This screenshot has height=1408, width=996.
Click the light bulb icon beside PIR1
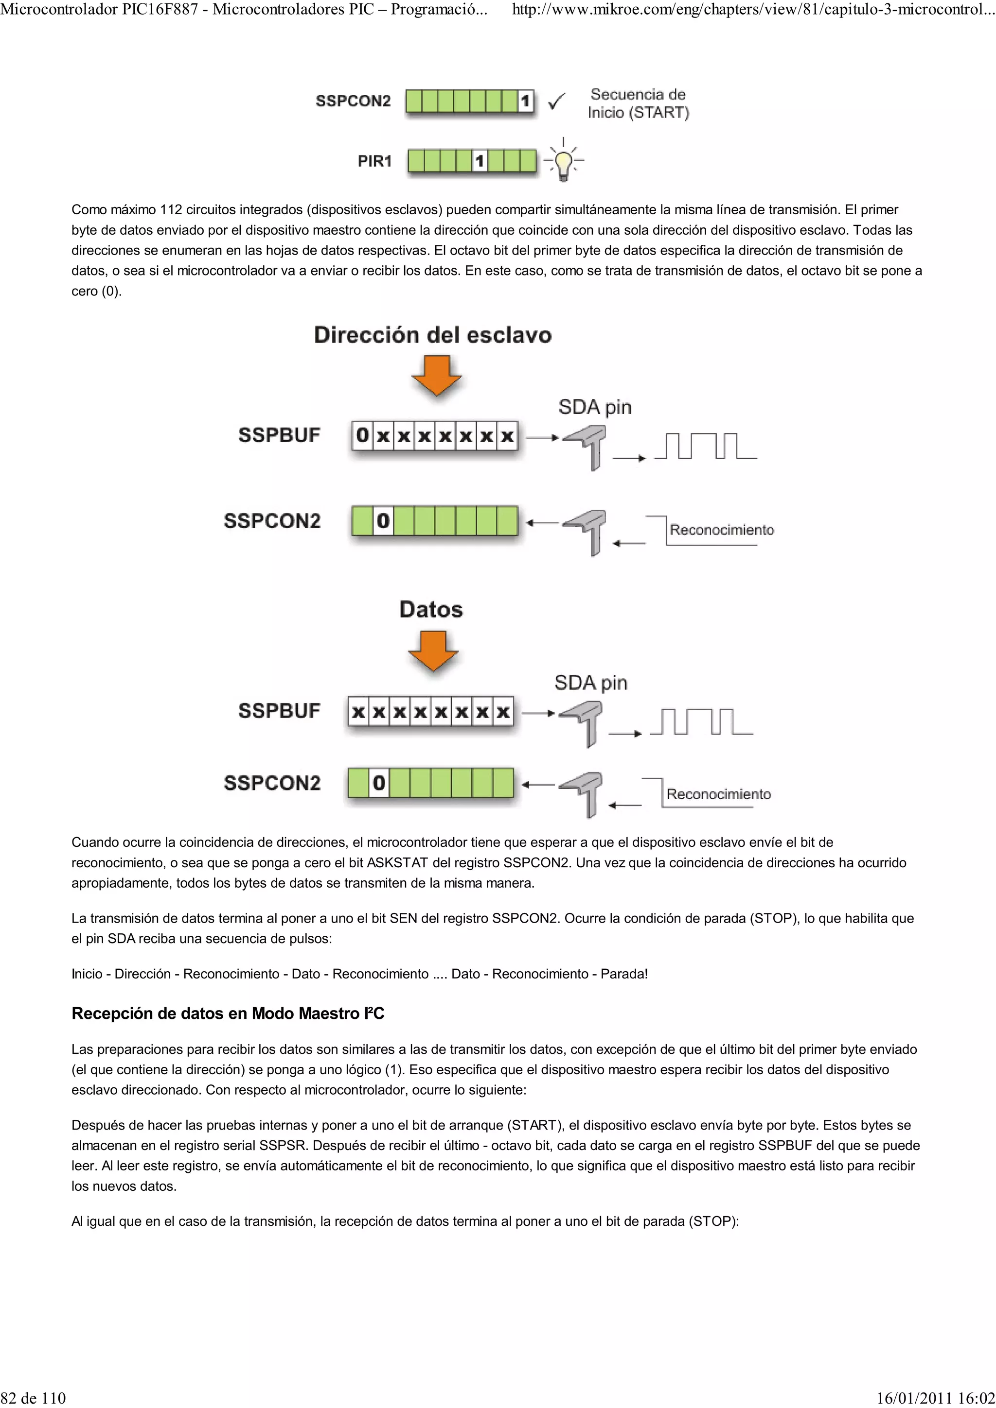click(x=563, y=161)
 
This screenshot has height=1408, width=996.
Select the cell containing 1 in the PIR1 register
click(x=480, y=161)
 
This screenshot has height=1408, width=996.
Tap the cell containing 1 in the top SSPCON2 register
click(x=525, y=101)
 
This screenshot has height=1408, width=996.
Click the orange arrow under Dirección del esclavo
click(x=436, y=375)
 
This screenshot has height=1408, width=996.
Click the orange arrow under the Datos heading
click(x=433, y=651)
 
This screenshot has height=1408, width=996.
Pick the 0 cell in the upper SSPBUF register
click(x=363, y=435)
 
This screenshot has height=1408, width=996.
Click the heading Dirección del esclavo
click(x=433, y=335)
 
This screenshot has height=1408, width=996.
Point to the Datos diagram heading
click(x=431, y=610)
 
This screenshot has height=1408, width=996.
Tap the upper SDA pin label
click(x=595, y=407)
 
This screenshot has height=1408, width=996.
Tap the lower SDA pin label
click(x=590, y=683)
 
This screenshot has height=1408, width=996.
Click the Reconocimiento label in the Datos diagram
click(x=718, y=794)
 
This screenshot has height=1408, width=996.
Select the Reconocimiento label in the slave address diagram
click(x=722, y=530)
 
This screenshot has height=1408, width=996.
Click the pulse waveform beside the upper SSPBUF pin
click(x=706, y=446)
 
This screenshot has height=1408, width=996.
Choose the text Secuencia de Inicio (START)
click(x=638, y=103)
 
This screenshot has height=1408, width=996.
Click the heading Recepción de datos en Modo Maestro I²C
click(x=228, y=1013)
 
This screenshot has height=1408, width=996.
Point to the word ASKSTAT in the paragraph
click(x=396, y=863)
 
